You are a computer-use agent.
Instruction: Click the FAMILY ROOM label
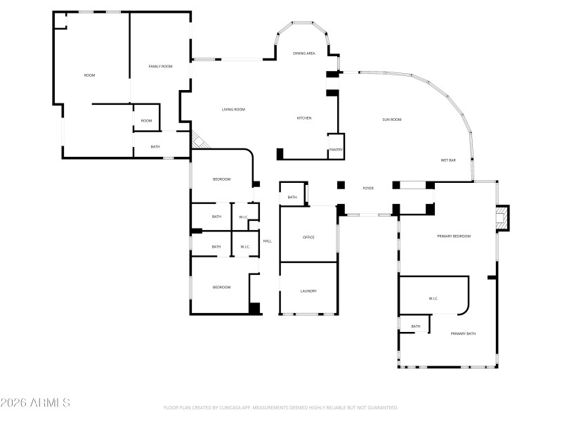point(160,66)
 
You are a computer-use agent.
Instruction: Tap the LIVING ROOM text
point(233,109)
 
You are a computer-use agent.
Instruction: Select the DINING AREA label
point(303,53)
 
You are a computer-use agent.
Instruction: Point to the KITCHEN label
point(303,118)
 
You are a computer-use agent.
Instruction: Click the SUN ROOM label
point(391,120)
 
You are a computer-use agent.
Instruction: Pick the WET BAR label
point(448,160)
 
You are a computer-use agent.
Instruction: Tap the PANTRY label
point(336,150)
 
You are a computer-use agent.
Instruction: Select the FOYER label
point(367,188)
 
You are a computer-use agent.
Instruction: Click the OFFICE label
point(308,237)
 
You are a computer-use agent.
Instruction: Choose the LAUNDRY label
point(308,291)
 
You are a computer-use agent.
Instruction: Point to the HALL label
point(267,241)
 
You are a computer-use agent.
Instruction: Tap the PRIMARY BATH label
point(463,333)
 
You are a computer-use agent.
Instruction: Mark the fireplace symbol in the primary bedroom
point(502,217)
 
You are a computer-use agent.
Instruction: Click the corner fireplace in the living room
point(199,140)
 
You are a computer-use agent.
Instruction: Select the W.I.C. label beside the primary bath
point(433,299)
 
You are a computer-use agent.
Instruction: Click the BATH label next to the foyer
point(292,198)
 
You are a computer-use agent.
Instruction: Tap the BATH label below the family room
point(155,146)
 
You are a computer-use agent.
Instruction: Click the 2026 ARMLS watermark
point(35,403)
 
